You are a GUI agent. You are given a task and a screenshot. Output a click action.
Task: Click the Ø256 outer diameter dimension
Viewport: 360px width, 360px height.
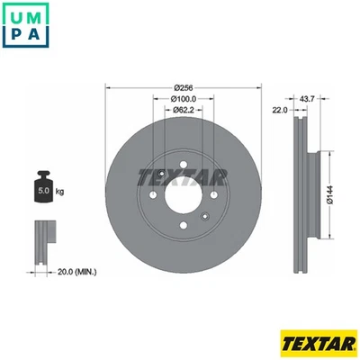184,87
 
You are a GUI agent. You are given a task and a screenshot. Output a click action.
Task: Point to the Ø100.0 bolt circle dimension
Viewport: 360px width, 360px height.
184,99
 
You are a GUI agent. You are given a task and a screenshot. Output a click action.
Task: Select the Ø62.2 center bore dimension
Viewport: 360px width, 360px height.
184,111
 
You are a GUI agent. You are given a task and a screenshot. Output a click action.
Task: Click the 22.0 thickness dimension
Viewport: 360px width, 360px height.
279,110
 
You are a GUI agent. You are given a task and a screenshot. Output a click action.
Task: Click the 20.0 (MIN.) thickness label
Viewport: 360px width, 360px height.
78,271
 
